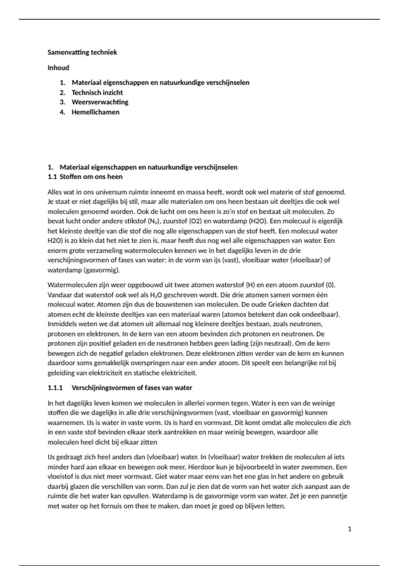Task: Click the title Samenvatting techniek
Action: coord(82,52)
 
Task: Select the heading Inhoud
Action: coord(58,68)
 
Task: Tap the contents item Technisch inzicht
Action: coord(97,93)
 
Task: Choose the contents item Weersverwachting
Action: coord(100,102)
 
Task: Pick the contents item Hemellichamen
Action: coord(95,112)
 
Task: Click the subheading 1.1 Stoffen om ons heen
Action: coord(85,177)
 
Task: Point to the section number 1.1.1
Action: coord(55,388)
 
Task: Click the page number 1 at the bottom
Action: coord(349,529)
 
